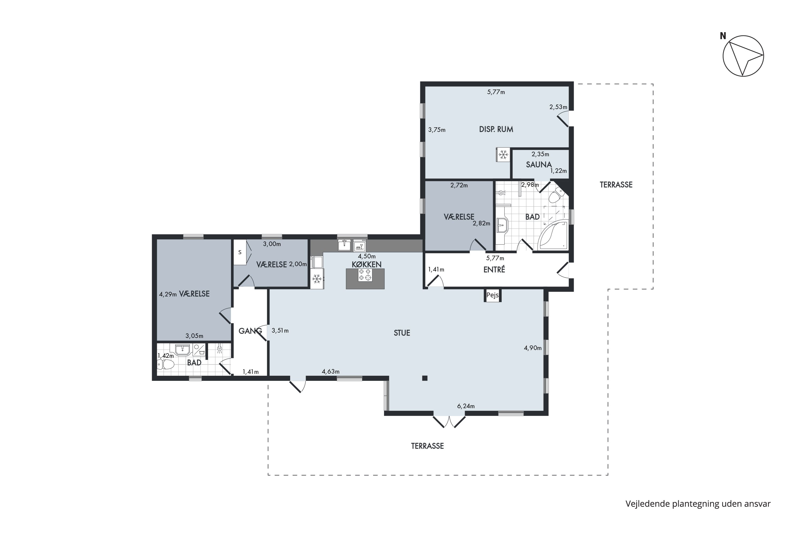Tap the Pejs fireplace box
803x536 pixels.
[x=492, y=295]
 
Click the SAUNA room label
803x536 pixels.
[x=539, y=165]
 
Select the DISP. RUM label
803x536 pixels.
[x=496, y=129]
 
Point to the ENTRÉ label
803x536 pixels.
[x=494, y=269]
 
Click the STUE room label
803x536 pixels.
[x=402, y=333]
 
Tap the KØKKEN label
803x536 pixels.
[x=367, y=264]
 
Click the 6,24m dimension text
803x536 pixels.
[x=466, y=406]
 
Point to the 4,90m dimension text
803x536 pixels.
[x=533, y=348]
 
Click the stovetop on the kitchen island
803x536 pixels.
[x=365, y=275]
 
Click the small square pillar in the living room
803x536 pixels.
[x=425, y=378]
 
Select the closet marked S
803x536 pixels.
[x=240, y=252]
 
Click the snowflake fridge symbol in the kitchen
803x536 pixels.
[x=317, y=279]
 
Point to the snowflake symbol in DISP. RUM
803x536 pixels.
[x=503, y=155]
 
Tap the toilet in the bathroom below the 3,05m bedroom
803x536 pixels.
[x=166, y=365]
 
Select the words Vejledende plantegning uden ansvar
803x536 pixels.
[x=698, y=504]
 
